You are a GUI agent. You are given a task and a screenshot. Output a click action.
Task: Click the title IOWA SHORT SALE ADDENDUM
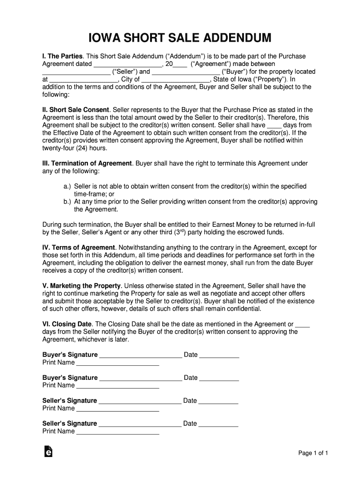(180, 38)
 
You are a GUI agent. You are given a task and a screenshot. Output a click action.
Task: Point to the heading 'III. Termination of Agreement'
(87, 163)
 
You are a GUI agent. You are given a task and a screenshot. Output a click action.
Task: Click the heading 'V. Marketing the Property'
(82, 286)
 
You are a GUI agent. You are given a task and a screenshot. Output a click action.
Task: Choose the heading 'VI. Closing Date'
(67, 324)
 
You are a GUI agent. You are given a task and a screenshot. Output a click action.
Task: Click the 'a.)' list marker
(68, 186)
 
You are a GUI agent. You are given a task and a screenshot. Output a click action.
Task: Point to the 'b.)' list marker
(68, 202)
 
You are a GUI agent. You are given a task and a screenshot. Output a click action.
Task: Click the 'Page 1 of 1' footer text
(314, 453)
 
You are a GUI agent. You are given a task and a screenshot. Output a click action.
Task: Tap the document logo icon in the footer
(47, 451)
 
